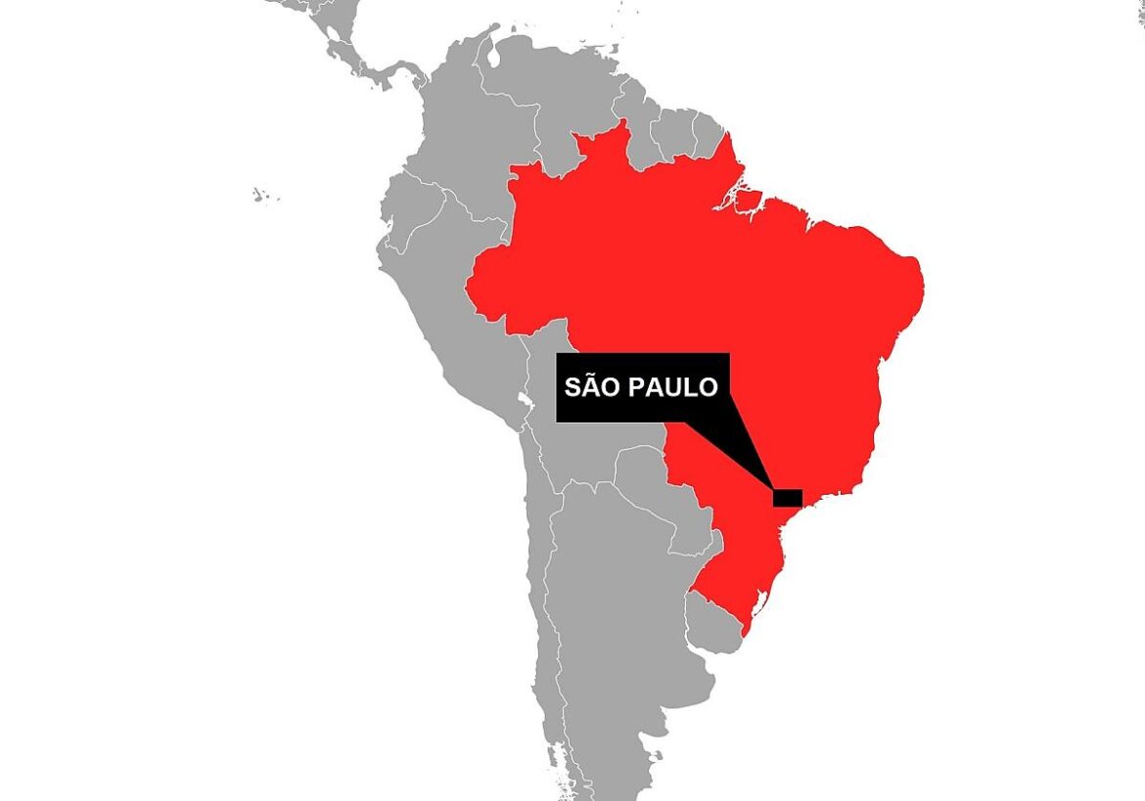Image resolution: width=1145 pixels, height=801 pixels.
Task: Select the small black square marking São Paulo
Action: coord(787,498)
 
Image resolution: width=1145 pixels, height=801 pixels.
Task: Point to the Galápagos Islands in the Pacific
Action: coord(259,194)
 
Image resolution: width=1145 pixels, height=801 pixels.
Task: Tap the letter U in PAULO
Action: coord(668,388)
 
